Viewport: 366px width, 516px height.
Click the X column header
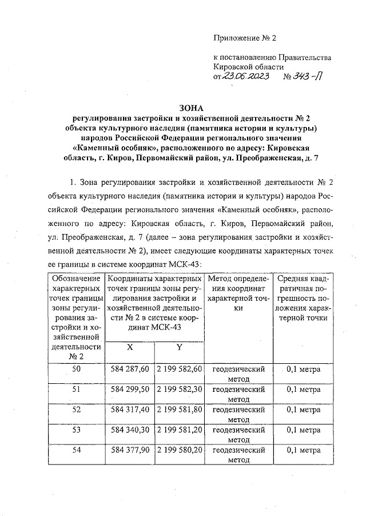(129, 348)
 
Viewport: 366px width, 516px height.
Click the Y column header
(179, 348)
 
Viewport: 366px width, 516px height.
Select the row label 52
(76, 409)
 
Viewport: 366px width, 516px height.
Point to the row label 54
(76, 450)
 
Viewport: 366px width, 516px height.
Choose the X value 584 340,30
(129, 430)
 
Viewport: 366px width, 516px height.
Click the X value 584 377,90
(129, 450)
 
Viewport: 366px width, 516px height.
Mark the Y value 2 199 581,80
(180, 409)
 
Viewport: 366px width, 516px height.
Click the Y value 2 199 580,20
(180, 450)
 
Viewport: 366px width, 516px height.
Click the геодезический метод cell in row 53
(238, 434)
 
